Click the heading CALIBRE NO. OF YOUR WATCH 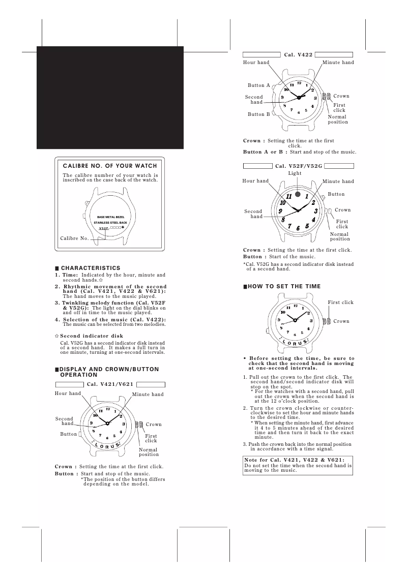click(110, 166)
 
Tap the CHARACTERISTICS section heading click(91, 268)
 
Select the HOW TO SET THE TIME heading click(284, 287)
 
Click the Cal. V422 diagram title click(298, 54)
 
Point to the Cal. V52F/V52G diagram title click(299, 166)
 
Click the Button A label click(259, 85)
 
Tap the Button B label click(259, 114)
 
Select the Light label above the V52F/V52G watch click(295, 173)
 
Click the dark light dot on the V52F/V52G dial click(298, 194)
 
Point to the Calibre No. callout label click(74, 238)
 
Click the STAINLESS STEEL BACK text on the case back click(111, 223)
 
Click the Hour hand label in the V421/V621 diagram click(68, 393)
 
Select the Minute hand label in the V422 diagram click(338, 63)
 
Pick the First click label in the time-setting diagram click(340, 302)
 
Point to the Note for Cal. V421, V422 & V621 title click(295, 460)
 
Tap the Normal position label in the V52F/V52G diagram click(340, 236)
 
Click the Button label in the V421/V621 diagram click(69, 434)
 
